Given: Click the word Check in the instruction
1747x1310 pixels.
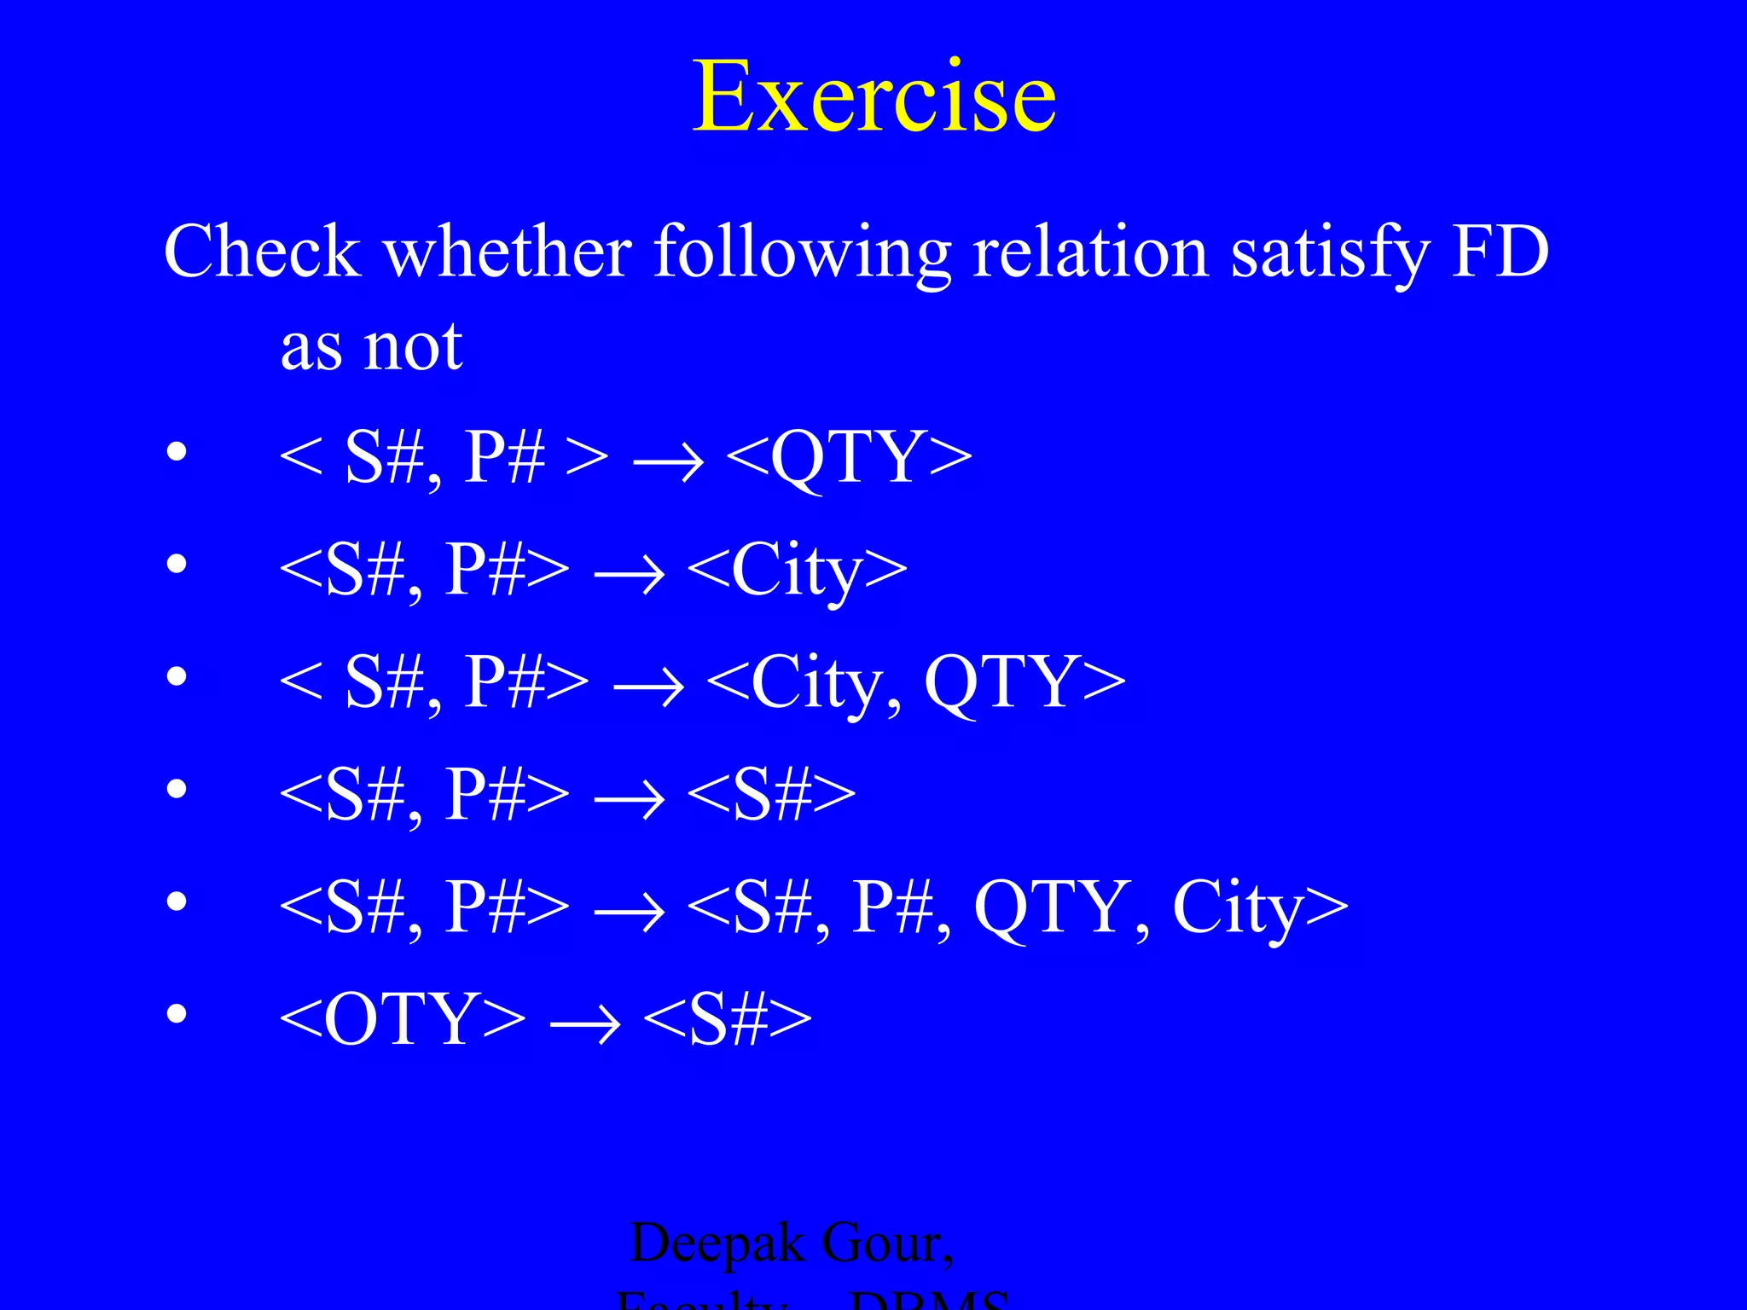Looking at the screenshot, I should coord(263,252).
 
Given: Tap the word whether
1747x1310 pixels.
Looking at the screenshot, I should coord(508,252).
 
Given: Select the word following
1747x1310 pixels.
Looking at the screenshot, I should coord(802,254).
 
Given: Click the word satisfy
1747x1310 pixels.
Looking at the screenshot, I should coord(1330,254).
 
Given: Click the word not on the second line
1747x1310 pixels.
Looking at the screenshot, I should coord(413,347).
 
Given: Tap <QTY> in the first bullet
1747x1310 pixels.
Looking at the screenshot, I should coord(849,458).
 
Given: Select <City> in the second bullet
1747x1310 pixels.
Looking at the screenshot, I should coord(797,571).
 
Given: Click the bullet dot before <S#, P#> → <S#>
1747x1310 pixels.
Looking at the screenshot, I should coord(177,789).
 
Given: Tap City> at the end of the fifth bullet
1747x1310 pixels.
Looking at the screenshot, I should coord(1259,907).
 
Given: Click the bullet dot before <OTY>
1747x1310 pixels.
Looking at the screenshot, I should coord(177,1013).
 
